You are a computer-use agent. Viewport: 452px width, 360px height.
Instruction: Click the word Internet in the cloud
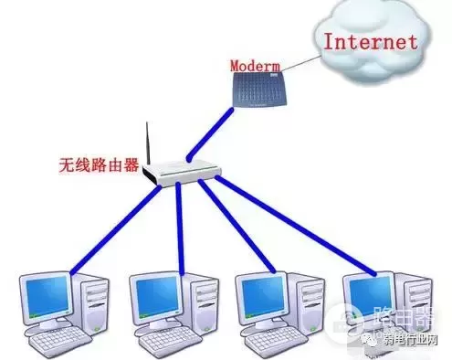coord(371,41)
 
